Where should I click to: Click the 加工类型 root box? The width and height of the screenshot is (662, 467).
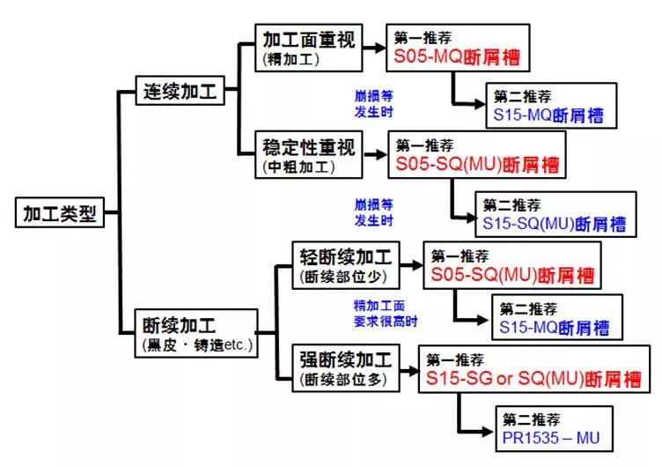58,213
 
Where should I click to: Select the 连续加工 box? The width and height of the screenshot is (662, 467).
179,89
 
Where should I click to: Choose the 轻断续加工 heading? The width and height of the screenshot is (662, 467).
345,258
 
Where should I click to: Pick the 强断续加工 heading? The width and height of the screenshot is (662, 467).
345,360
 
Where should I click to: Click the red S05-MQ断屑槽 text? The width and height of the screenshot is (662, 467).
456,59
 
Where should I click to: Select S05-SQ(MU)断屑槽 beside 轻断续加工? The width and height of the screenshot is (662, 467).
512,275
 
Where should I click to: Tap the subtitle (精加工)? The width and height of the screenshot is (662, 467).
290,59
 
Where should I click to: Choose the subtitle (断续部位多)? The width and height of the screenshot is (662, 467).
344,381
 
